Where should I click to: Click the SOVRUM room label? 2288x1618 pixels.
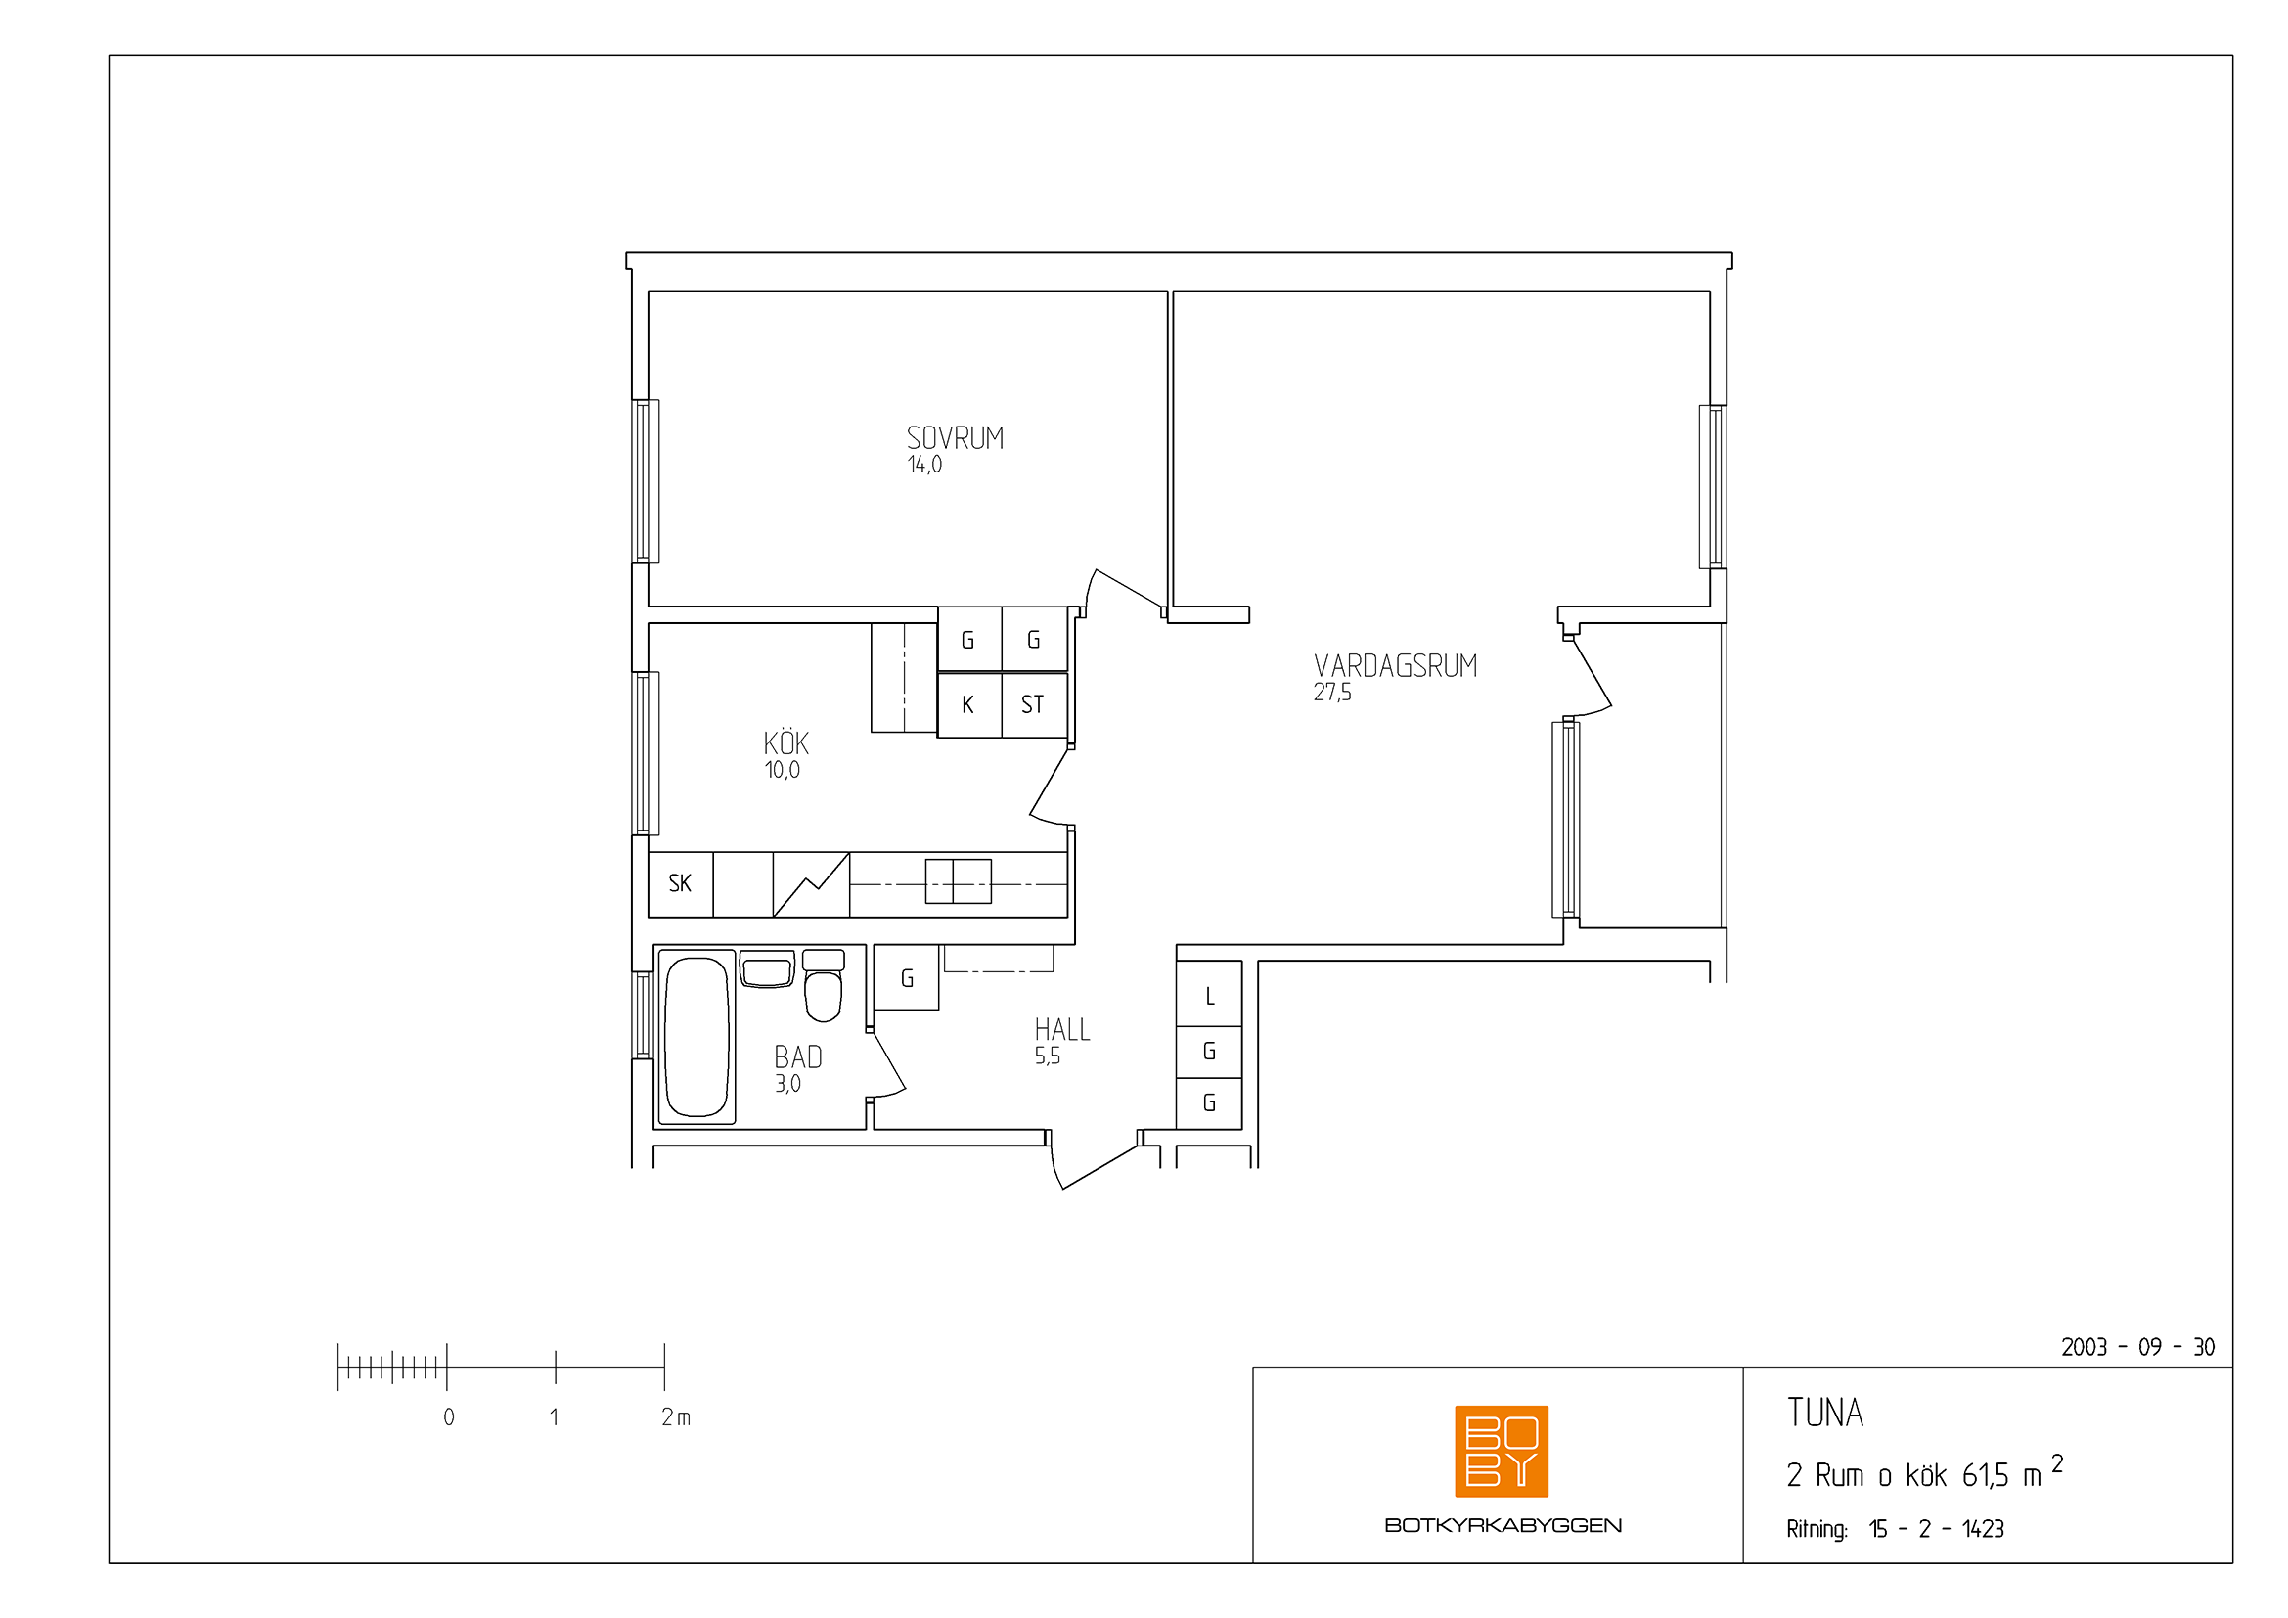(x=955, y=438)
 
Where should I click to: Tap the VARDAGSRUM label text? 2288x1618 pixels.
(x=1395, y=666)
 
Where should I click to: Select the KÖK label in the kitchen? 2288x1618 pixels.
(x=786, y=742)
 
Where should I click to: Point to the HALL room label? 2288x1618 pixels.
(x=1062, y=1029)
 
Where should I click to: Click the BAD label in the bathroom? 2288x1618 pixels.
(x=798, y=1057)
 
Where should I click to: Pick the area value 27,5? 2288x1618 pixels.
(x=1332, y=693)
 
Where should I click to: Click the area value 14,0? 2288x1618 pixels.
(x=924, y=465)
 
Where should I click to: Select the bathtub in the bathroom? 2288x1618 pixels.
(x=695, y=1037)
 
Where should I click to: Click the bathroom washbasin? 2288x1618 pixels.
(x=767, y=968)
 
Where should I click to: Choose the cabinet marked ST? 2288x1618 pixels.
(x=1034, y=705)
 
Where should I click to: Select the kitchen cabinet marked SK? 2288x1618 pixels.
(x=681, y=883)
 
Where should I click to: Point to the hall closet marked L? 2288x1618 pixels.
(x=1209, y=993)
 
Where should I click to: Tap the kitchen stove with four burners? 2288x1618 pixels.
(x=958, y=881)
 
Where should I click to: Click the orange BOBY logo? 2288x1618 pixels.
(x=1501, y=1452)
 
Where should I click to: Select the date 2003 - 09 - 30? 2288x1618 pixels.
(x=2138, y=1348)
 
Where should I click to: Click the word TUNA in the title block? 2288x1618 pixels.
(x=1824, y=1413)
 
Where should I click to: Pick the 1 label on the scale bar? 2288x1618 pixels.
(x=554, y=1416)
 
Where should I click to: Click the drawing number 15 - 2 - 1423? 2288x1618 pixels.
(x=1936, y=1529)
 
